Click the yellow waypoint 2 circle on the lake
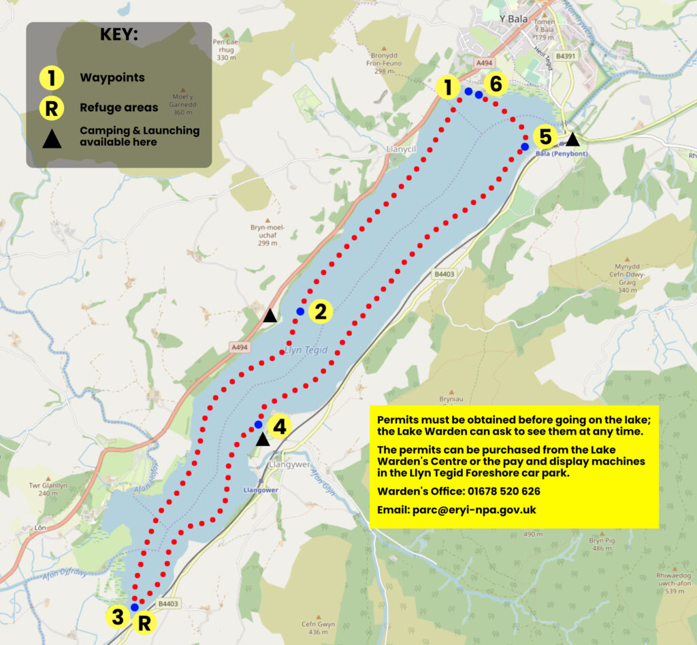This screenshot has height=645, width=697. pos(320,312)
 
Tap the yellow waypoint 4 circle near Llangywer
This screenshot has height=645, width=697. pos(280,426)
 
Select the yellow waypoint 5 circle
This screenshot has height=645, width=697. pos(545,137)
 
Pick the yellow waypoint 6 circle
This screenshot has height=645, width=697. pos(496,84)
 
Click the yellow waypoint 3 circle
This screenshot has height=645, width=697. pos(118,617)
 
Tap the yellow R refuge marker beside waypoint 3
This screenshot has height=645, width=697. pos(144,622)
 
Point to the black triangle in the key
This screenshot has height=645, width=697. pos(52,140)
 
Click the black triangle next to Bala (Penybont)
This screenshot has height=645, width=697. pos(572,139)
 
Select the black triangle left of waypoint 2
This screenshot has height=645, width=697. pos(270,315)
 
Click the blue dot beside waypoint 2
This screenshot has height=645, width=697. pos(300,311)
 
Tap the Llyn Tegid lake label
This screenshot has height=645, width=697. pos(307,350)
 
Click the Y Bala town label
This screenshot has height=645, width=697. pos(513,19)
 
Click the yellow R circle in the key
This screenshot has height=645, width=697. pos(52,107)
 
